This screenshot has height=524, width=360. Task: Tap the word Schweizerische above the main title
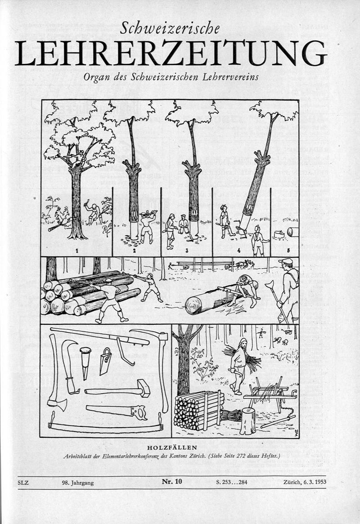tap(171, 28)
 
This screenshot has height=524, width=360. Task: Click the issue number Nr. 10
tap(172, 482)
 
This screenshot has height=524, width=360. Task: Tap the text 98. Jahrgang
tap(78, 483)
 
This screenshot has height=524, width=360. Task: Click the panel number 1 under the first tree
tap(77, 250)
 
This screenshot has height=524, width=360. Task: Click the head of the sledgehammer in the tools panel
tap(144, 388)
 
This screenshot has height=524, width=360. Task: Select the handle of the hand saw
tap(139, 412)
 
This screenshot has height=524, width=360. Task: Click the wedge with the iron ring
tap(85, 360)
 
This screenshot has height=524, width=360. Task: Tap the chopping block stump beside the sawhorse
tap(247, 421)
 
